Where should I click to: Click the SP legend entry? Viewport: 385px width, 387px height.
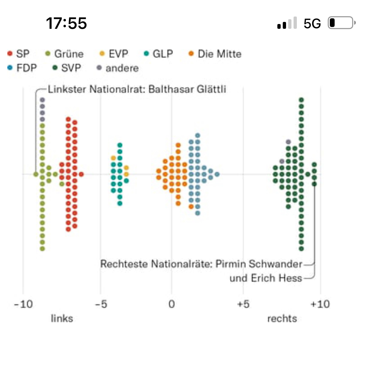[19, 54]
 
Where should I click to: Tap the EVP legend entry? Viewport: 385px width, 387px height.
[114, 54]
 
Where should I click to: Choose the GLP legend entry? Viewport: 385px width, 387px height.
[159, 54]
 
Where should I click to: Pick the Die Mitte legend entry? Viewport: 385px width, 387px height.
[215, 54]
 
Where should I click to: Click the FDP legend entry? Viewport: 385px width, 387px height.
[22, 68]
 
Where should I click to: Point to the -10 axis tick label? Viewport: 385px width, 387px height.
[23, 304]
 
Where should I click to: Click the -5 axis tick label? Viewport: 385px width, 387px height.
[101, 304]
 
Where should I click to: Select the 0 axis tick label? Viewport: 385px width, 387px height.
[172, 304]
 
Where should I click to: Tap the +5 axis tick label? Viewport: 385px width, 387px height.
[243, 304]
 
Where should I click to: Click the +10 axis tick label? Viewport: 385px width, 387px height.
[320, 304]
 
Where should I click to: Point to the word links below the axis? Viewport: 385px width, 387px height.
[62, 318]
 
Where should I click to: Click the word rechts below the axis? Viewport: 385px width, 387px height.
[282, 318]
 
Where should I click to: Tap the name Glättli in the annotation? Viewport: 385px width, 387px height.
[211, 89]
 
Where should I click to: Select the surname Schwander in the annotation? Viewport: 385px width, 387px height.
[275, 264]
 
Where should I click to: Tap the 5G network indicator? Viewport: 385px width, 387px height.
[312, 23]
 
